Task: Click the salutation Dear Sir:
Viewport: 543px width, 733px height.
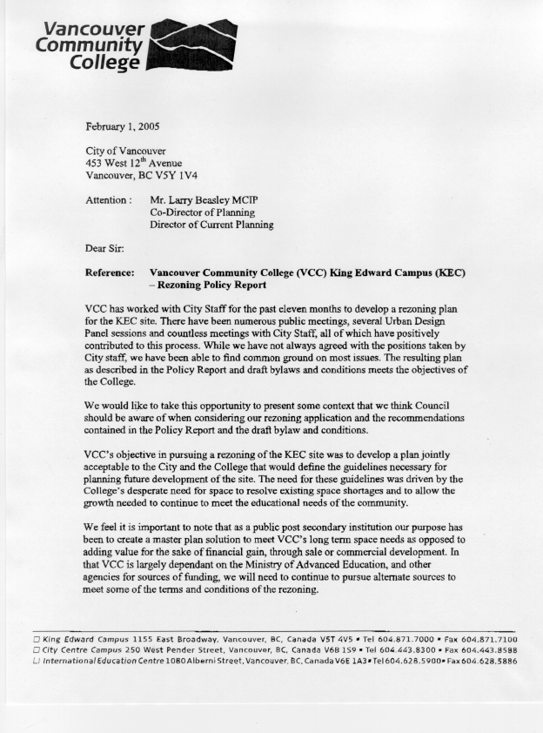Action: [107, 248]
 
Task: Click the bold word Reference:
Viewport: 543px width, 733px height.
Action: [110, 272]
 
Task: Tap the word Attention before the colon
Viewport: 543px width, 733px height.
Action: [105, 199]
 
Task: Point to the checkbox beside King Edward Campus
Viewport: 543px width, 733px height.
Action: [36, 639]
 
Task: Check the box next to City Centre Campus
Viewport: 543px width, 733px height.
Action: [36, 649]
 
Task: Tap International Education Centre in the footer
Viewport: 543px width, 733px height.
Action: [95, 661]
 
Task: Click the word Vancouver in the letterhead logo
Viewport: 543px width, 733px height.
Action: [88, 28]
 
